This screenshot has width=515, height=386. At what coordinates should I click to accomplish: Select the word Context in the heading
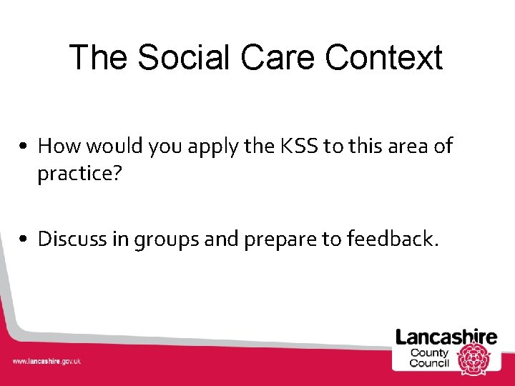point(384,57)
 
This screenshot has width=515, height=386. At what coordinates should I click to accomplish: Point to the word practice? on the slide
point(76,174)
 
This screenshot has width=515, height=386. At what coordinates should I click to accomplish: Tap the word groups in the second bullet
point(166,239)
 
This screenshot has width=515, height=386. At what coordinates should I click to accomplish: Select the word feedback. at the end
point(392,238)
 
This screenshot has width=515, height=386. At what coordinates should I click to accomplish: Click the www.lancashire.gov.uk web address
point(46,361)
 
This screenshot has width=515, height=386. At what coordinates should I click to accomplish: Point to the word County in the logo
point(430,352)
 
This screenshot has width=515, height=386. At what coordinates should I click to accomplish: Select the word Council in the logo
point(429,363)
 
